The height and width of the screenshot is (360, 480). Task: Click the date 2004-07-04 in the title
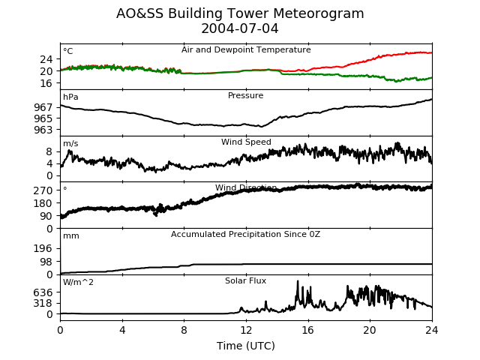pos(240,28)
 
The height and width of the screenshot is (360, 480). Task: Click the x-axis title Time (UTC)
pos(246,346)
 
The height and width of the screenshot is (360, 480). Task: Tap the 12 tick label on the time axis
pos(246,330)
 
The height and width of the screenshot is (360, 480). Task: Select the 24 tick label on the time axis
pos(432,330)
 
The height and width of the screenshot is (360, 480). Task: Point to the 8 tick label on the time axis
pos(184,330)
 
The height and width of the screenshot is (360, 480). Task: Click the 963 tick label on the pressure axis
pos(43,130)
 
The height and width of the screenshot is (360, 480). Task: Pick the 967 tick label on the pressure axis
pos(43,107)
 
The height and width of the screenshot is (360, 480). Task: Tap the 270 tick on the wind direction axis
pos(43,190)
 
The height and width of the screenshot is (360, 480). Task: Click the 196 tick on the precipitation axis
pos(43,248)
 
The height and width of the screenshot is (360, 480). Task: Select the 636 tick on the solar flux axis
pos(43,292)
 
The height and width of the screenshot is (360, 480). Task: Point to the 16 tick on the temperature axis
pos(46,83)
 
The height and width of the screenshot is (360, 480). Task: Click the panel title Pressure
pos(245,95)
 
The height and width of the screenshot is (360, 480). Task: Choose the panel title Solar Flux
pos(245,280)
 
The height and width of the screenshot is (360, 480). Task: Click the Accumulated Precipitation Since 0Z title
pos(245,234)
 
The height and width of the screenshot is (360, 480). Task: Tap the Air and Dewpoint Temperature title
pos(246,49)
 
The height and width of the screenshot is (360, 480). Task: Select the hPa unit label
pos(70,97)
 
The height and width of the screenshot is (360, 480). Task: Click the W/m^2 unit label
pos(78,282)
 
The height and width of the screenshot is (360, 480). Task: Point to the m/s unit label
pos(70,143)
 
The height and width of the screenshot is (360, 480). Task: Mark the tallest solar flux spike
pos(298,281)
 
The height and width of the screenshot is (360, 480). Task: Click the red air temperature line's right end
pos(432,53)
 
